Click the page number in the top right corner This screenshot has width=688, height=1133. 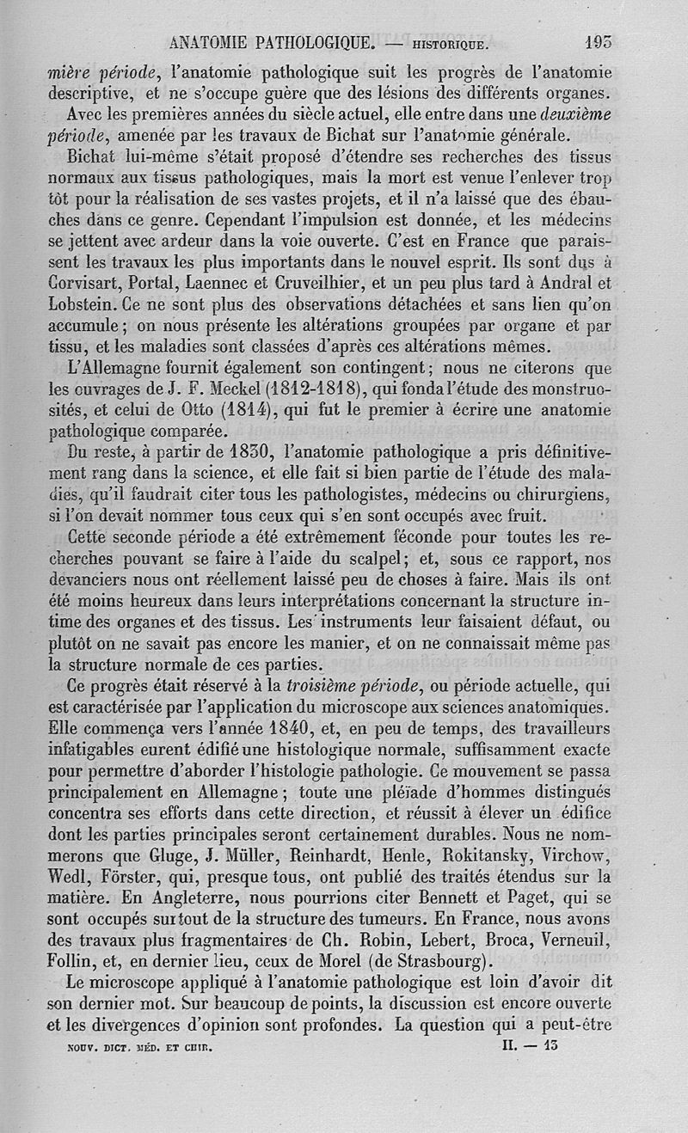[597, 40]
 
